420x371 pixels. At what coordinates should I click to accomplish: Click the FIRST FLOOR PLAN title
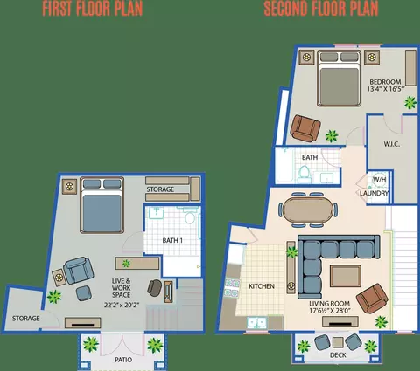coord(93,9)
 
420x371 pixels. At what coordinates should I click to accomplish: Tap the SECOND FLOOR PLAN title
coord(321,9)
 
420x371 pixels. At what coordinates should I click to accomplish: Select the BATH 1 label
coord(172,240)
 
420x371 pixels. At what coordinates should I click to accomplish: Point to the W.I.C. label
coord(392,144)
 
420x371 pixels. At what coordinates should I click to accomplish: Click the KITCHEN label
coord(262,286)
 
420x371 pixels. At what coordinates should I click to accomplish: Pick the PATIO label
coord(123,360)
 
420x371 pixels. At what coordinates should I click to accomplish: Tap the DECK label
coord(338,355)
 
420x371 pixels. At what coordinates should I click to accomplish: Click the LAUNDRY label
coord(374,193)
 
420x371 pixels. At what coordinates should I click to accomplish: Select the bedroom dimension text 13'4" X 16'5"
coord(385,89)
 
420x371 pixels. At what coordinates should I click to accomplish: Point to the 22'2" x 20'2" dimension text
coord(122,306)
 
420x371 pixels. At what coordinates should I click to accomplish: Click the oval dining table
coord(307,210)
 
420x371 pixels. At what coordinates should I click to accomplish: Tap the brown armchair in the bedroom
coord(305,128)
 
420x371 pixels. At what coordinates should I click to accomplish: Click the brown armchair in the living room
coord(372,299)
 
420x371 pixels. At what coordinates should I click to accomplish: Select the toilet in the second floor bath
coord(304,175)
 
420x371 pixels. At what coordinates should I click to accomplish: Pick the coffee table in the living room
coord(346,276)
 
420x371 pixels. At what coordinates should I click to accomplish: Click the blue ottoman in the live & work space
coord(84,293)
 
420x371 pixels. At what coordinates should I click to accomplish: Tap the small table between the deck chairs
coord(338,342)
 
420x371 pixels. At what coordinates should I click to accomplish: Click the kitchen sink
coord(257,323)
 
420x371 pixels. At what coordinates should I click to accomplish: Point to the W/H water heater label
coord(379,179)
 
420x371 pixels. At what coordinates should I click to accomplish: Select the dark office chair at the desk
coord(155,288)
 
